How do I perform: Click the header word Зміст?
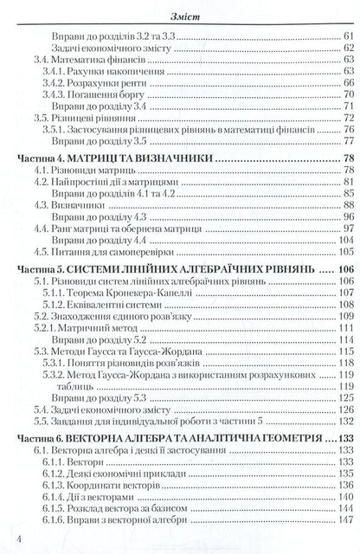tap(180, 10)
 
